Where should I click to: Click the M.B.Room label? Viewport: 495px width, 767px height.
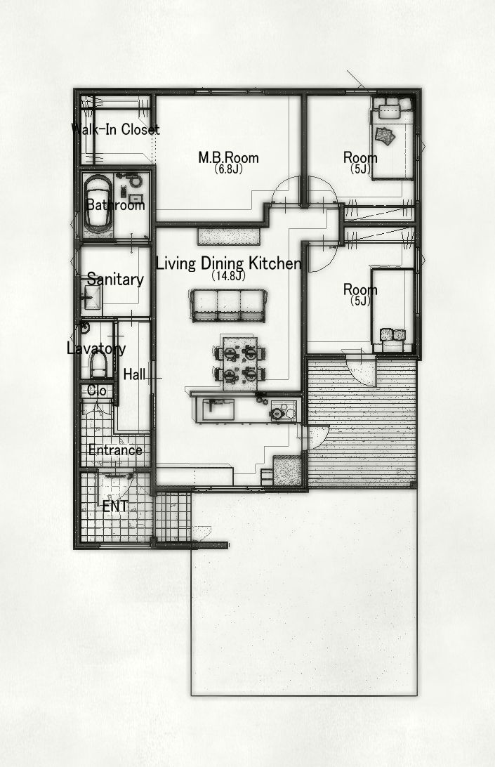tap(228, 157)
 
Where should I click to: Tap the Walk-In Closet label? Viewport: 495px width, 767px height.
tap(115, 129)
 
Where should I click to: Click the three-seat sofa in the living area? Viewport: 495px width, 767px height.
tap(229, 305)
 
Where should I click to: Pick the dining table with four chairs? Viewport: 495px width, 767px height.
tap(239, 362)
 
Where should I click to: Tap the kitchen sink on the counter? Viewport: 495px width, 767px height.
tap(216, 409)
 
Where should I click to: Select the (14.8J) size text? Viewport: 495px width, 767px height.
tap(228, 276)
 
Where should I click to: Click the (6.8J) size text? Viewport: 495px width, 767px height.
tap(228, 169)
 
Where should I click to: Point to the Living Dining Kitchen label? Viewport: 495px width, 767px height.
tap(228, 263)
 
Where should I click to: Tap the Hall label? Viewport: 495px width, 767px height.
tap(134, 374)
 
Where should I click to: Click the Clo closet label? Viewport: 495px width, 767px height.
tap(97, 391)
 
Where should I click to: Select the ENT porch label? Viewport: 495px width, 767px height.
tap(115, 506)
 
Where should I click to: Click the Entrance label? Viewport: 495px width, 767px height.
tap(115, 450)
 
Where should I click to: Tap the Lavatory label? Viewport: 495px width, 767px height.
tap(96, 349)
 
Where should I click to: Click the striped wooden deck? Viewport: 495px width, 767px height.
tap(362, 423)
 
